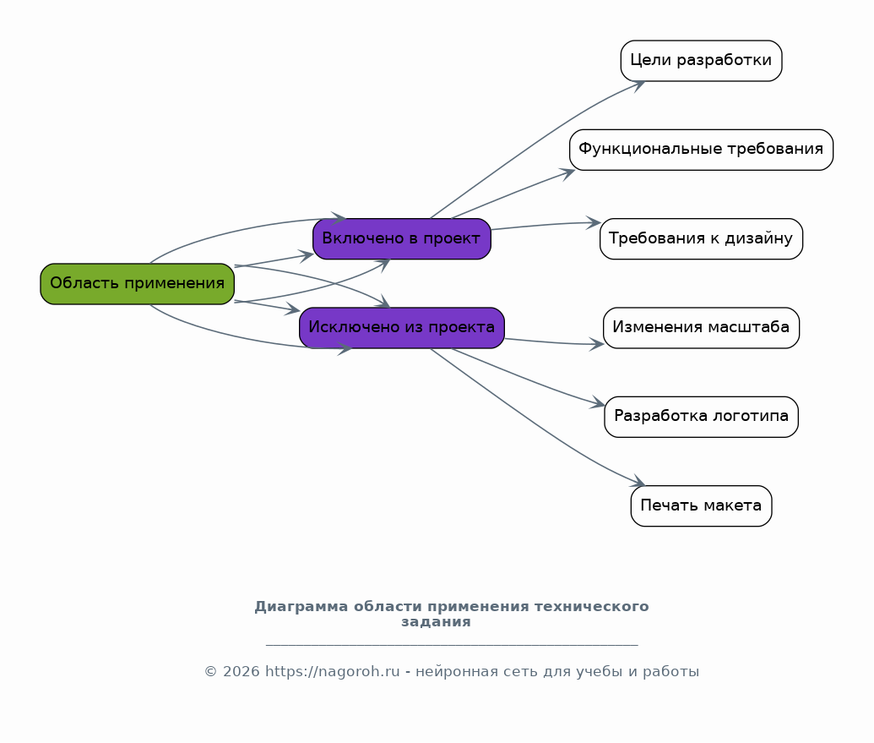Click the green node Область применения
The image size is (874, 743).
click(x=137, y=283)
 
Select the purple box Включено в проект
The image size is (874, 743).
click(x=401, y=238)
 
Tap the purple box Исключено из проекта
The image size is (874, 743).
click(x=401, y=327)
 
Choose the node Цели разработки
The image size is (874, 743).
click(x=701, y=60)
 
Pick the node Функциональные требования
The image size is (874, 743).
click(x=701, y=150)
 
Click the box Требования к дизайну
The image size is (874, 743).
click(x=701, y=238)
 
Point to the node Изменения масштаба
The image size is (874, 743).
click(x=701, y=327)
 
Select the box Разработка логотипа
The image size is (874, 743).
click(x=701, y=417)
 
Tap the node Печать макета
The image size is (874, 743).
click(x=701, y=505)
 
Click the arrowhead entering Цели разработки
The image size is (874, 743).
click(x=639, y=84)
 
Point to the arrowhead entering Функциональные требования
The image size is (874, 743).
click(x=568, y=172)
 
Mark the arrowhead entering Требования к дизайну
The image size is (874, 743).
click(x=594, y=223)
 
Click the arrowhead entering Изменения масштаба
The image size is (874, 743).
click(x=598, y=344)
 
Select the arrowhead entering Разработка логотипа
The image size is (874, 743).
click(x=600, y=404)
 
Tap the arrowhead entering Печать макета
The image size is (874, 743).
click(x=638, y=483)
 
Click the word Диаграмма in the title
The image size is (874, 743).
click(x=301, y=607)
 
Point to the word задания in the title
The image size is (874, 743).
click(x=436, y=622)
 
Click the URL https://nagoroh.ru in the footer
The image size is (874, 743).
click(x=332, y=672)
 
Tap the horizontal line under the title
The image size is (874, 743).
click(x=452, y=645)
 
